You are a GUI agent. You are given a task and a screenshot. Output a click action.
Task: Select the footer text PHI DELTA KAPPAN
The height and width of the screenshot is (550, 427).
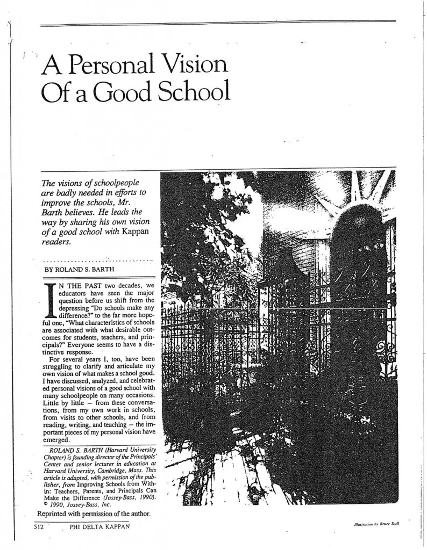click(x=97, y=527)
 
